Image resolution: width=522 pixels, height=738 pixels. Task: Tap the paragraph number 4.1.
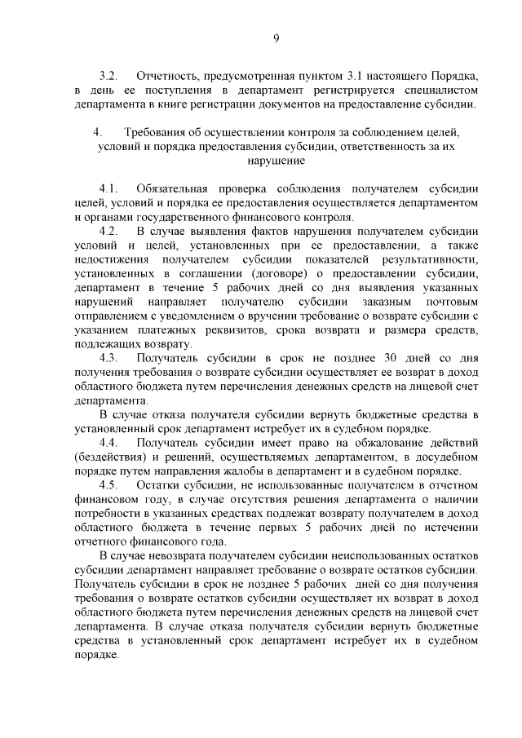click(x=109, y=188)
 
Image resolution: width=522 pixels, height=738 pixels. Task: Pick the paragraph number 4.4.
click(x=109, y=443)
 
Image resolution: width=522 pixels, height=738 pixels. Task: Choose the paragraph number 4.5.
click(x=109, y=485)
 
